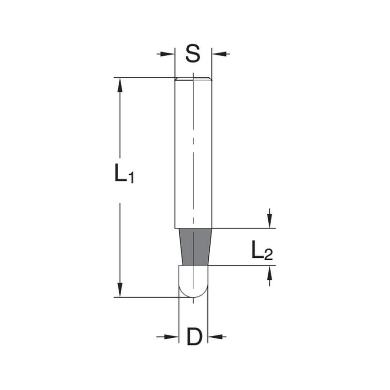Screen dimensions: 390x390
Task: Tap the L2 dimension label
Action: [262, 251]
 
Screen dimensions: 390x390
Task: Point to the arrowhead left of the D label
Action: [173, 337]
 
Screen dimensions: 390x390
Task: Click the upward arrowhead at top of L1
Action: [120, 84]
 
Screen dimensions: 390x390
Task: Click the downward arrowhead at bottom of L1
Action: [120, 290]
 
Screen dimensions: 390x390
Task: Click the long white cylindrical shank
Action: [193, 152]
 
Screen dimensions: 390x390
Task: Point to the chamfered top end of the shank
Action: [193, 79]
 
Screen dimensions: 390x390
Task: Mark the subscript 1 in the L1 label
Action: [131, 179]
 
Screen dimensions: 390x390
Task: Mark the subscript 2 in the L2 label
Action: [268, 255]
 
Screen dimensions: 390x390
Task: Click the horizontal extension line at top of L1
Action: [144, 78]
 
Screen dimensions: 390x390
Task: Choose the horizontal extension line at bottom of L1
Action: [148, 297]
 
